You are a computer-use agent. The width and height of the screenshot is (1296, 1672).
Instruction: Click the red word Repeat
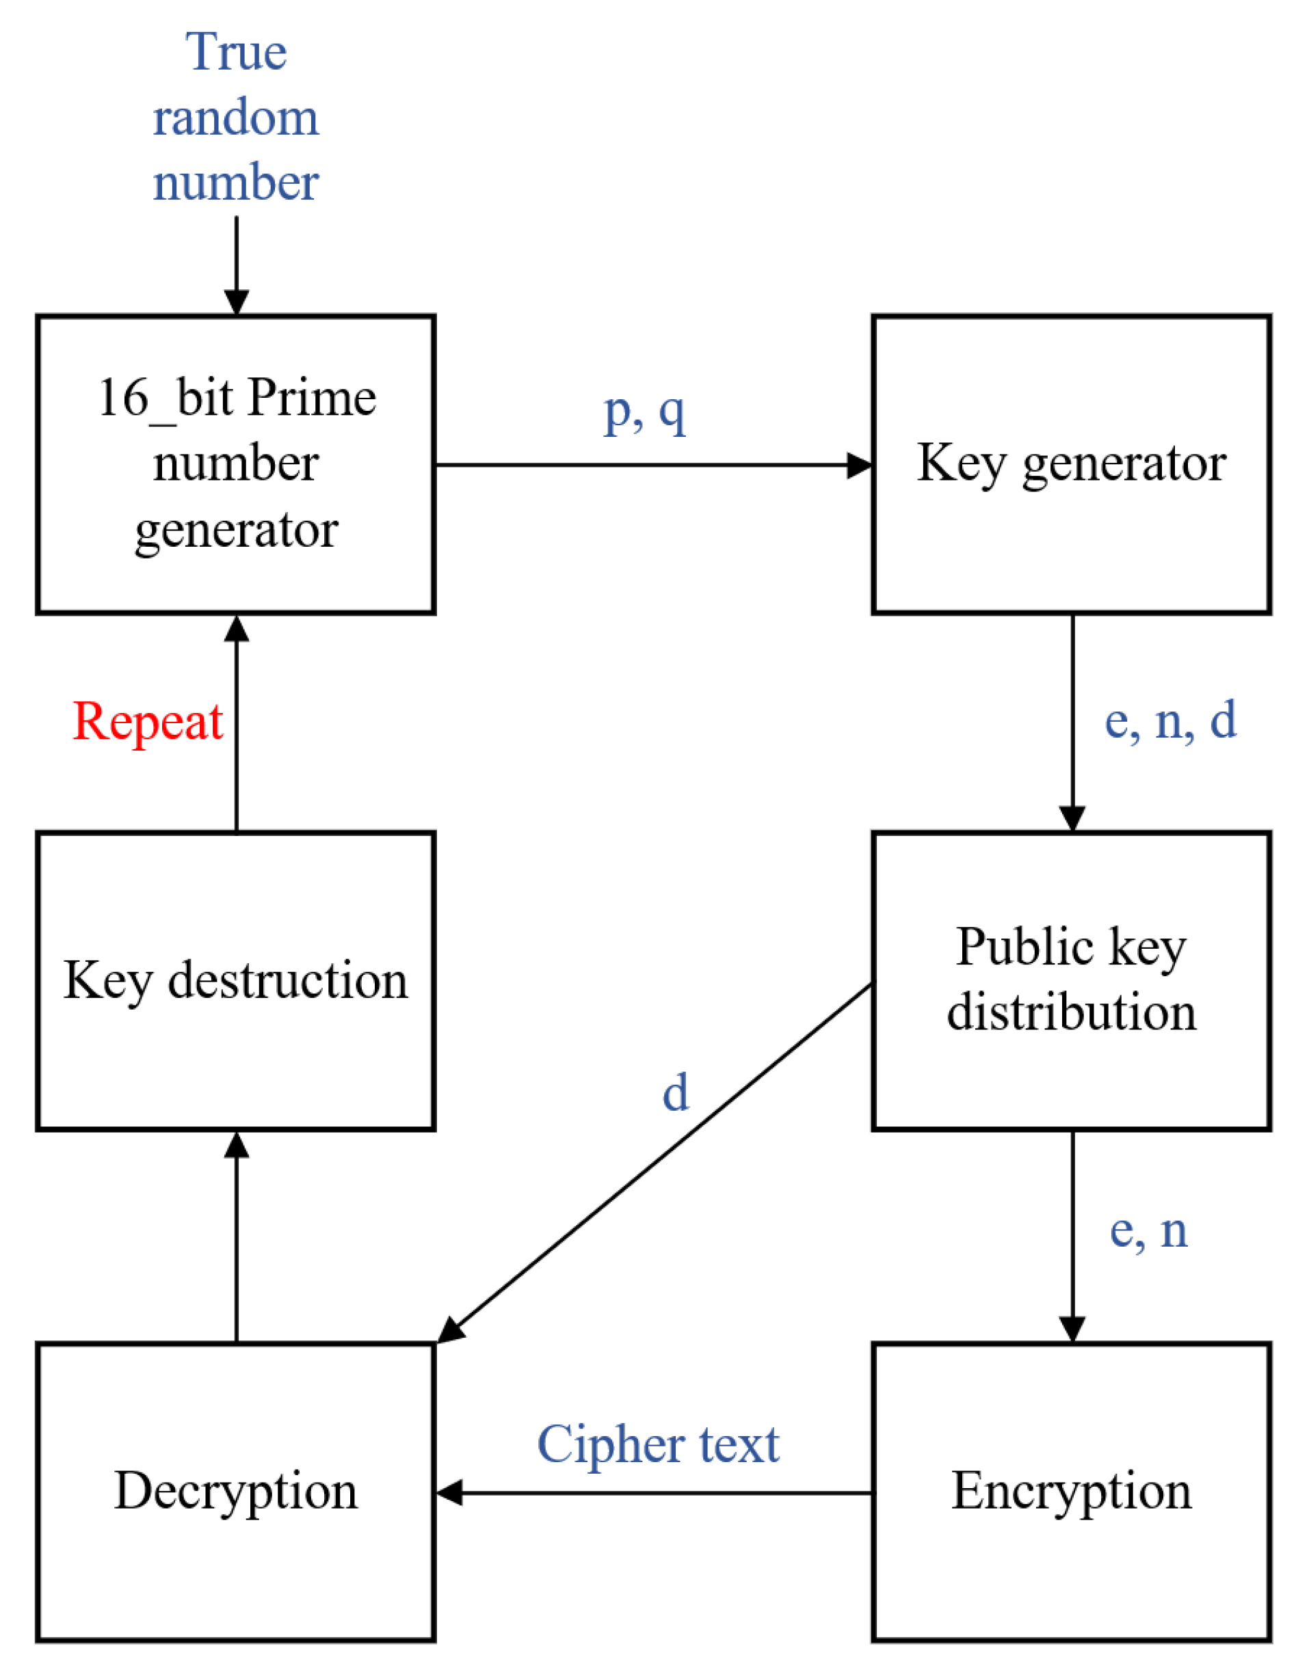pyautogui.click(x=147, y=721)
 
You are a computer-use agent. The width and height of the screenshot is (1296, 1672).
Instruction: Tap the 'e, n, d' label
pyautogui.click(x=1169, y=720)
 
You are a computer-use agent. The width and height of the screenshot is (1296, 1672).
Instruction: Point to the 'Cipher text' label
pyautogui.click(x=657, y=1444)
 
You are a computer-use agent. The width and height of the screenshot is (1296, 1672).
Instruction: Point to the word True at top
pyautogui.click(x=236, y=52)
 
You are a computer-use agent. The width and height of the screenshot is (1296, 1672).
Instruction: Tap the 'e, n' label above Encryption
pyautogui.click(x=1148, y=1231)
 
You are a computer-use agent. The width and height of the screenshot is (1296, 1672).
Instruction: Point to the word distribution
pyautogui.click(x=1071, y=1012)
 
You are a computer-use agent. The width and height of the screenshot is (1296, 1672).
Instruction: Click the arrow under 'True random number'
pyautogui.click(x=236, y=264)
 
